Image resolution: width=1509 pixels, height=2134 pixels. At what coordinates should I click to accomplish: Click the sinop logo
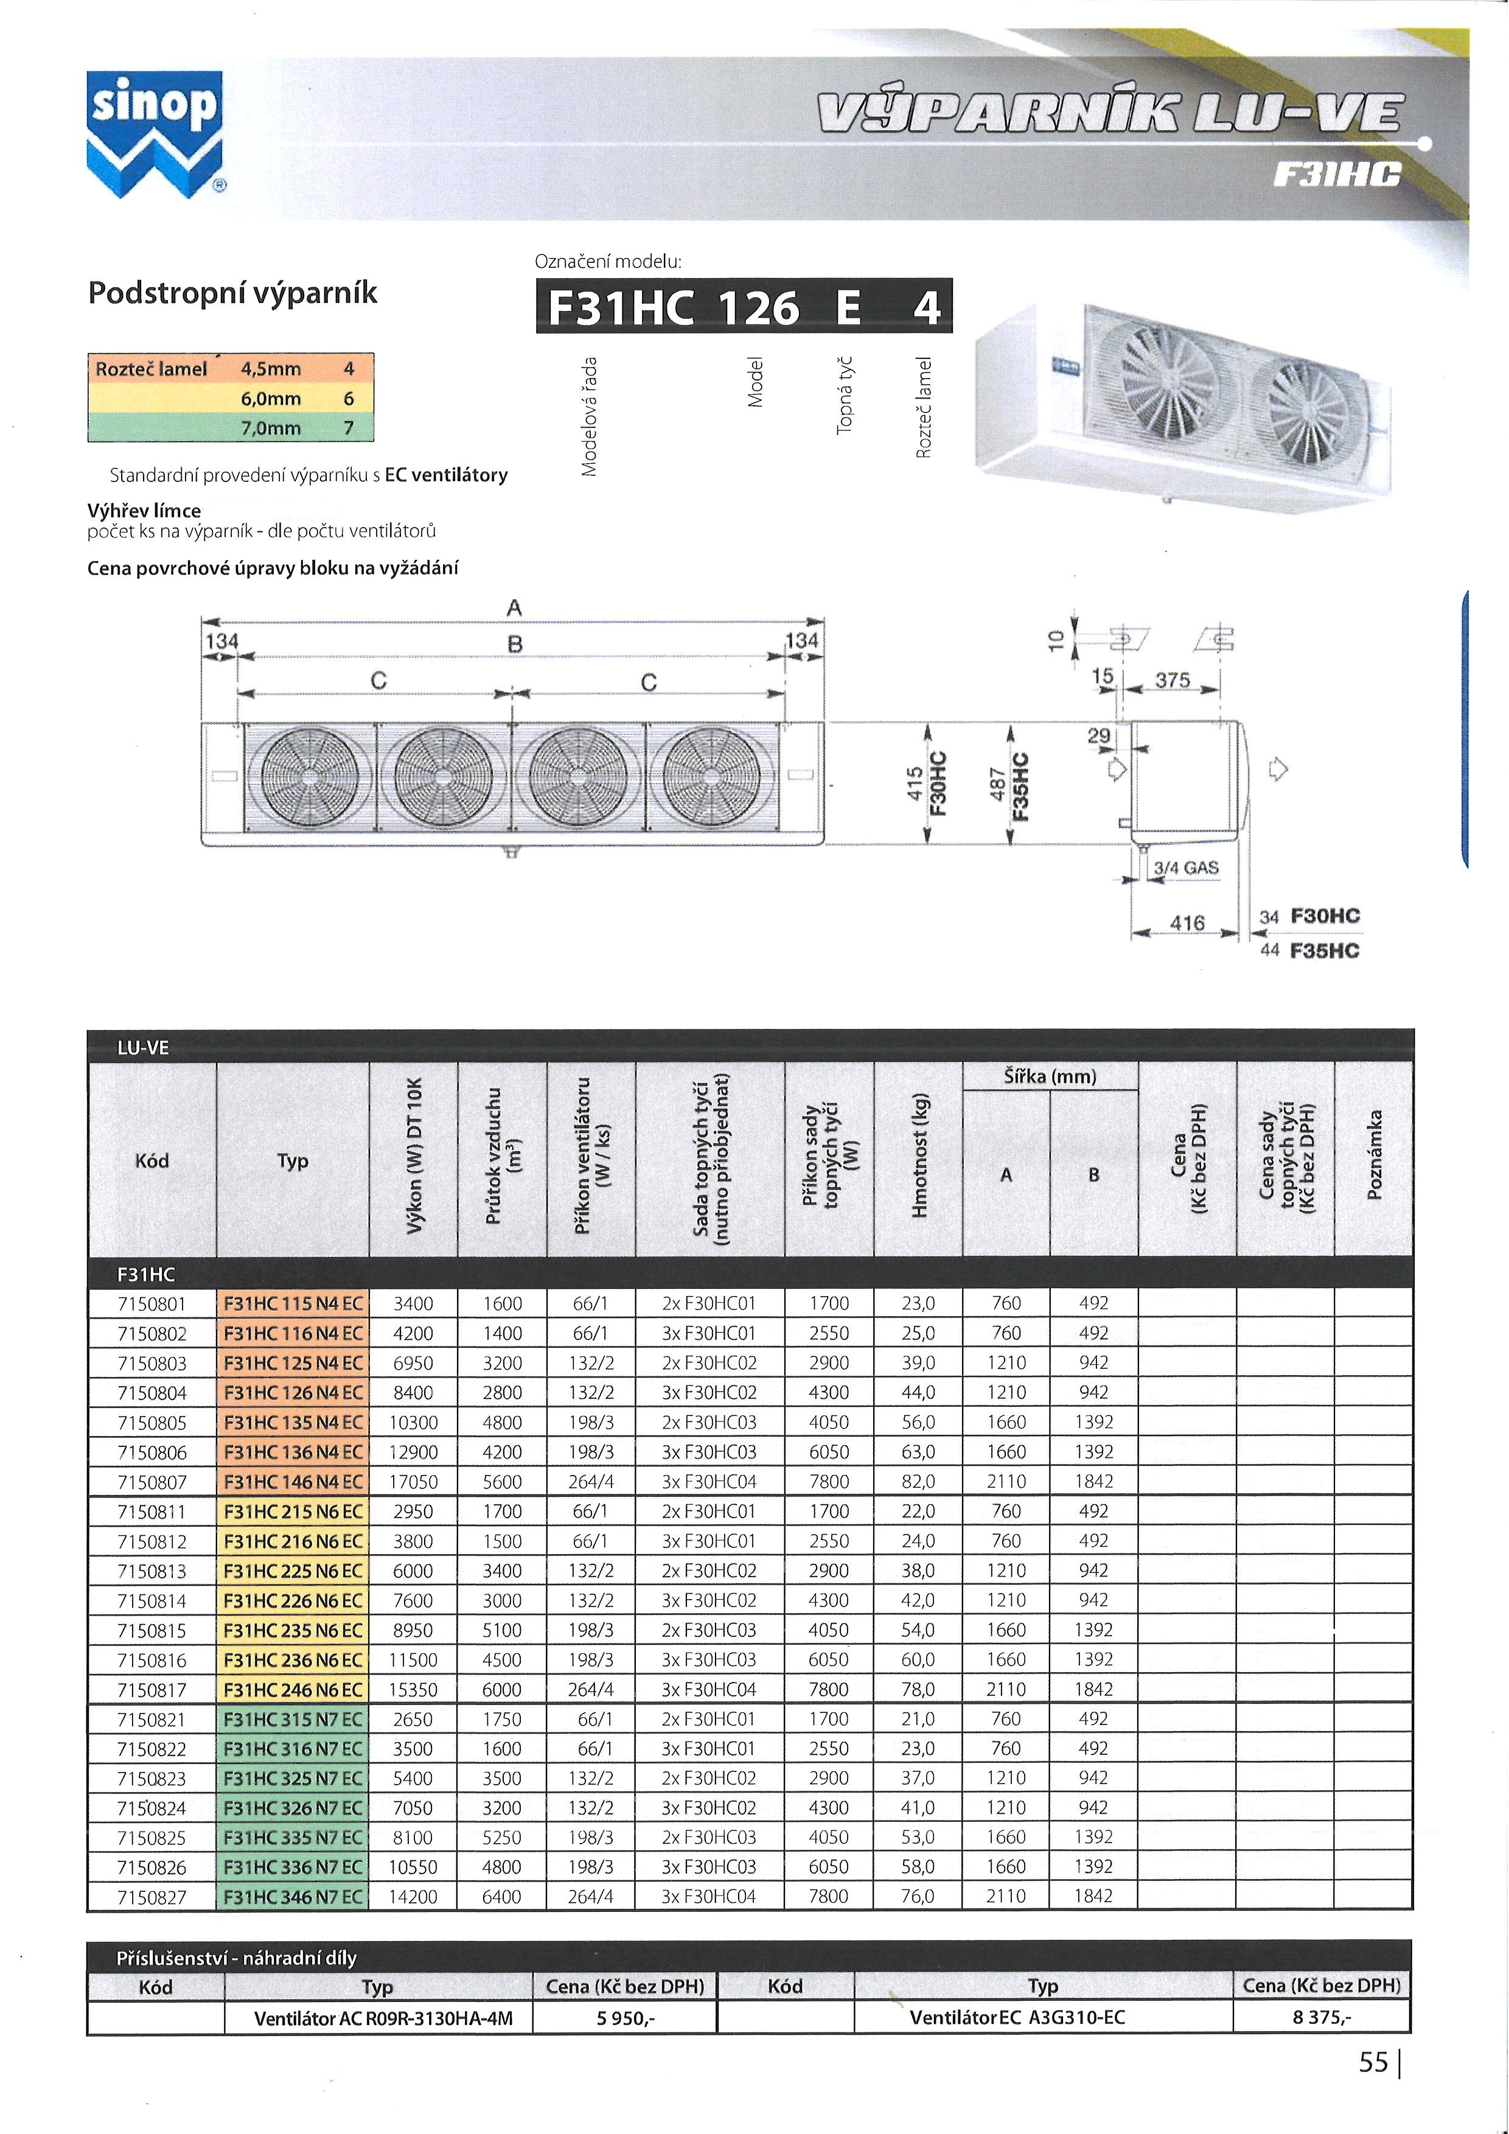click(155, 134)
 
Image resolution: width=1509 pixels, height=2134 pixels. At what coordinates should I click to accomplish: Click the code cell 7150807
click(152, 1482)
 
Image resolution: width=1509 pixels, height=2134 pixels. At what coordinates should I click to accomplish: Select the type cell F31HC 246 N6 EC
click(293, 1690)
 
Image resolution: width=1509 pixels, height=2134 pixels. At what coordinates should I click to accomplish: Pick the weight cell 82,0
click(918, 1482)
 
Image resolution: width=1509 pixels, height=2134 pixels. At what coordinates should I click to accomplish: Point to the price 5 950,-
click(626, 2017)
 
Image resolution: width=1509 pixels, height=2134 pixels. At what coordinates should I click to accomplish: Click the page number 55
click(1373, 2062)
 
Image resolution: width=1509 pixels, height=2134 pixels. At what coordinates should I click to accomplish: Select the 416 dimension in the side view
click(1187, 923)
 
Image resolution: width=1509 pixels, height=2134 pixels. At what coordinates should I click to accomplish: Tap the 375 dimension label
click(1172, 680)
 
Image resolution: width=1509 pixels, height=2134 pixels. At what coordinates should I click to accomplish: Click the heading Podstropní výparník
click(232, 293)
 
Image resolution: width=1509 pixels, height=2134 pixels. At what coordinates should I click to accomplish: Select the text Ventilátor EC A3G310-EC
click(1017, 2017)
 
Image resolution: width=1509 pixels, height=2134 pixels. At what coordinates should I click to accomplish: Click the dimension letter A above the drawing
click(514, 608)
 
